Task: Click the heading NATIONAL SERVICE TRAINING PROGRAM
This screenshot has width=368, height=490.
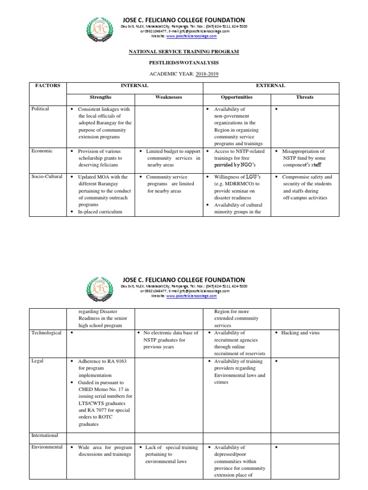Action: click(184, 51)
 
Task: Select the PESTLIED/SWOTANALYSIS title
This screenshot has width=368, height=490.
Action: click(184, 62)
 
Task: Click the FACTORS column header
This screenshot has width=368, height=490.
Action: click(48, 86)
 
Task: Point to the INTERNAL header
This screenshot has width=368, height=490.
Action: click(134, 86)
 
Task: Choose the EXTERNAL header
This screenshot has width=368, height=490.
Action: click(271, 86)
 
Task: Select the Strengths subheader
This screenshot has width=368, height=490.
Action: click(100, 97)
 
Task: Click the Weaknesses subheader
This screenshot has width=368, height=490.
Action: click(169, 97)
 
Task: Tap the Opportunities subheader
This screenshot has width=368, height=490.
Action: click(237, 97)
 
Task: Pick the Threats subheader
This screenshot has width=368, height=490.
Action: click(305, 97)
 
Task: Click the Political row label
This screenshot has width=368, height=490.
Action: click(40, 109)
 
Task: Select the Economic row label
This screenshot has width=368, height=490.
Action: click(42, 151)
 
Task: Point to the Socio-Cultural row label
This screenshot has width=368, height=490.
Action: click(46, 177)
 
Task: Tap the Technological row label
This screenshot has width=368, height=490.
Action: click(46, 333)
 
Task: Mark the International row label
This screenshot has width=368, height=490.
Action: click(45, 435)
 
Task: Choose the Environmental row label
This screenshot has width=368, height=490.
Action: click(47, 447)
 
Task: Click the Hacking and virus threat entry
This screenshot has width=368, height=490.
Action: click(300, 333)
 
